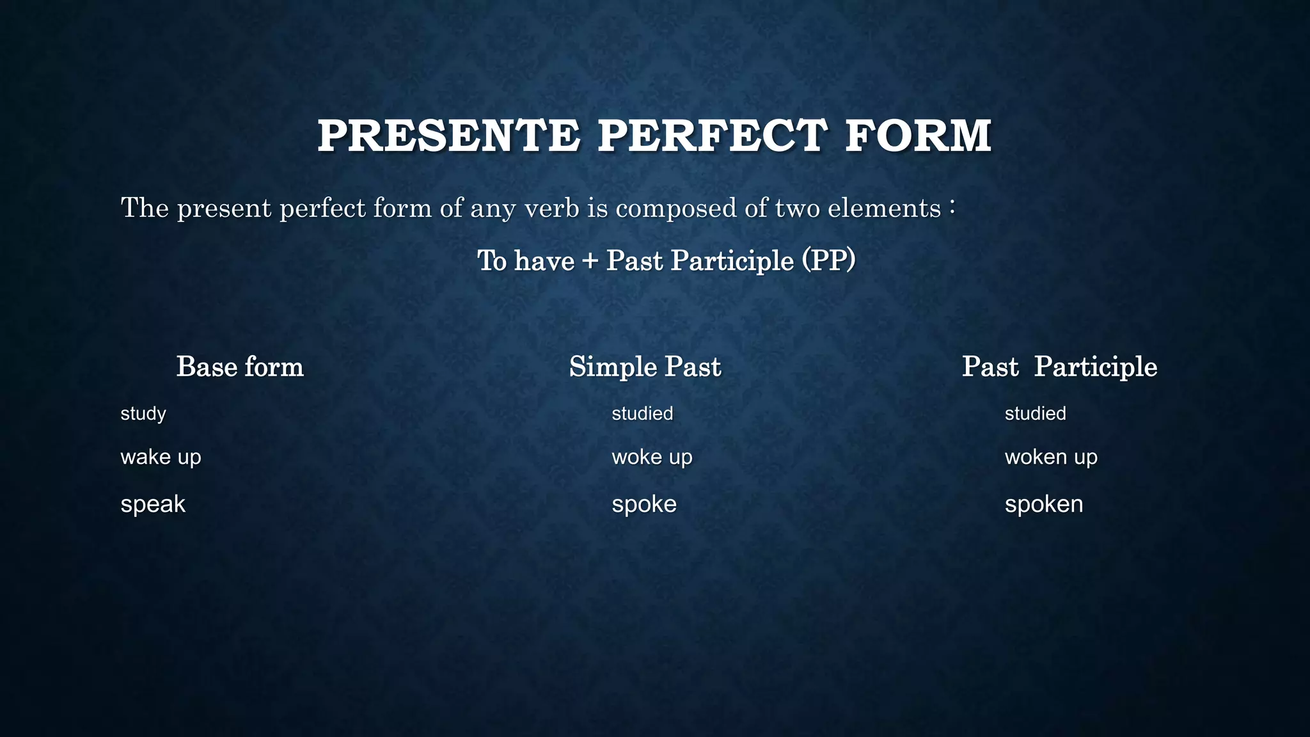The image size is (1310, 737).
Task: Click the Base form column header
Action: (x=240, y=367)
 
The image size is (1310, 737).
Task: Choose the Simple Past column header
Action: (x=645, y=367)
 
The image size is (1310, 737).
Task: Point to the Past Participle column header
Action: (x=1059, y=367)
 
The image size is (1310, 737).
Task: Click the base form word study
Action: (x=143, y=414)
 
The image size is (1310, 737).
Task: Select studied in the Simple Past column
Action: (x=642, y=413)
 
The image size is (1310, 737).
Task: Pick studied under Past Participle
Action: (x=1035, y=413)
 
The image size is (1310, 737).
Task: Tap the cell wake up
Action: (x=161, y=457)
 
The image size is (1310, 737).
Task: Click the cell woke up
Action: (x=652, y=457)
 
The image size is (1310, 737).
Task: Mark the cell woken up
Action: (x=1050, y=457)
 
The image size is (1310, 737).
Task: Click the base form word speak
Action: (x=153, y=505)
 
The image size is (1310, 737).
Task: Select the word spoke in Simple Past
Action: (x=643, y=505)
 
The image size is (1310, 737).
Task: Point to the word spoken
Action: (x=1043, y=505)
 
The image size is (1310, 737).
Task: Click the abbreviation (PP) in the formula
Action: (x=829, y=260)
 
